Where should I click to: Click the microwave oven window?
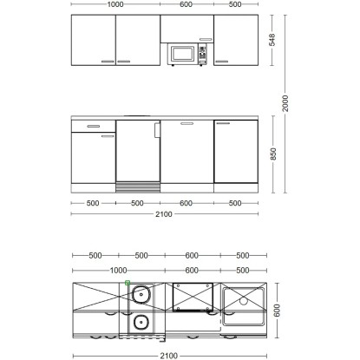(182, 54)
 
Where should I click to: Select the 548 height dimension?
(272, 40)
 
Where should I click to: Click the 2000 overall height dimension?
(285, 103)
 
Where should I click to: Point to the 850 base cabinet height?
(273, 154)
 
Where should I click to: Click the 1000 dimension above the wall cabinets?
(115, 4)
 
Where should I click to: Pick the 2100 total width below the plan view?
(169, 356)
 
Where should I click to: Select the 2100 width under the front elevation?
(164, 214)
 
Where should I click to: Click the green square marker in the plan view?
(128, 283)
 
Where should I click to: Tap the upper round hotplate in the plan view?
(141, 294)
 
